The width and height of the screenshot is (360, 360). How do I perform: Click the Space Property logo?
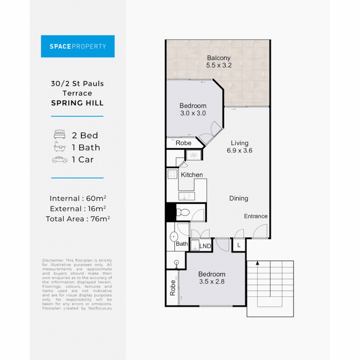coord(78,46)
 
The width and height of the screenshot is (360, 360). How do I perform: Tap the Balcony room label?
coord(219,58)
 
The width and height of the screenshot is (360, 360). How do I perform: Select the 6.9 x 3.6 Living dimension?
coord(239,150)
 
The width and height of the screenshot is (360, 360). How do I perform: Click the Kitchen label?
coord(192,175)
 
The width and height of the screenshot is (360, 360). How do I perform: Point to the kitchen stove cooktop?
coord(172,174)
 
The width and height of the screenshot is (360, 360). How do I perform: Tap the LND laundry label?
coord(205,246)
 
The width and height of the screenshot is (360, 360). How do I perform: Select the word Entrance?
coord(256,216)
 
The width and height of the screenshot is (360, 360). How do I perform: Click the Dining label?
coord(239,198)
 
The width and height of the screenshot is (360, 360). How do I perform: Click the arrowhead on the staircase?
coord(257,263)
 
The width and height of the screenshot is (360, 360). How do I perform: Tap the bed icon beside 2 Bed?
coord(60,135)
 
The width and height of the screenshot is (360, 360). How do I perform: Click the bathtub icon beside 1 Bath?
coord(60,147)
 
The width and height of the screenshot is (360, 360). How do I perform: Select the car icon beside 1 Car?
coord(60,160)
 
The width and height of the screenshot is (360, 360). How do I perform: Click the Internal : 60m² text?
coord(78,198)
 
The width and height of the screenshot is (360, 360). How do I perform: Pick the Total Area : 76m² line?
coord(78,219)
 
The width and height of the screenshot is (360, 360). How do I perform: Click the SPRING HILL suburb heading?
coord(77,103)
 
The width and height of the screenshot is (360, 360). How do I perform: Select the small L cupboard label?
coord(239,245)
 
